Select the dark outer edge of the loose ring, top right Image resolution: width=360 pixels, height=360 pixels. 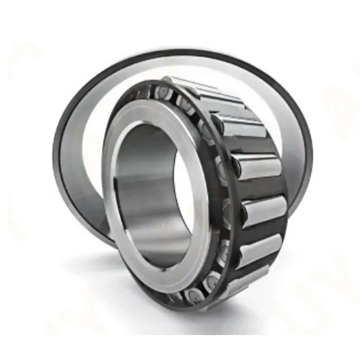tap(288, 92)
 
